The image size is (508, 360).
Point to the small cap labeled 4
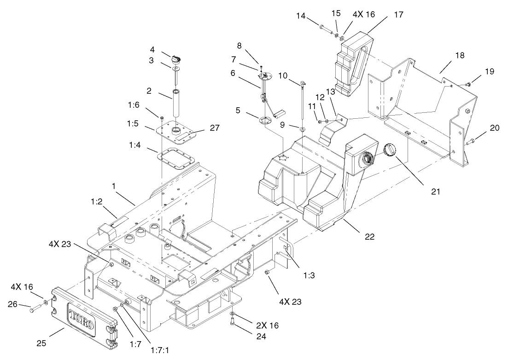click(x=177, y=59)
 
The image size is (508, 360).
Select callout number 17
click(x=399, y=15)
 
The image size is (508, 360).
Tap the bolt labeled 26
click(x=33, y=312)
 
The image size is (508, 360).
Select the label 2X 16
click(x=267, y=325)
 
